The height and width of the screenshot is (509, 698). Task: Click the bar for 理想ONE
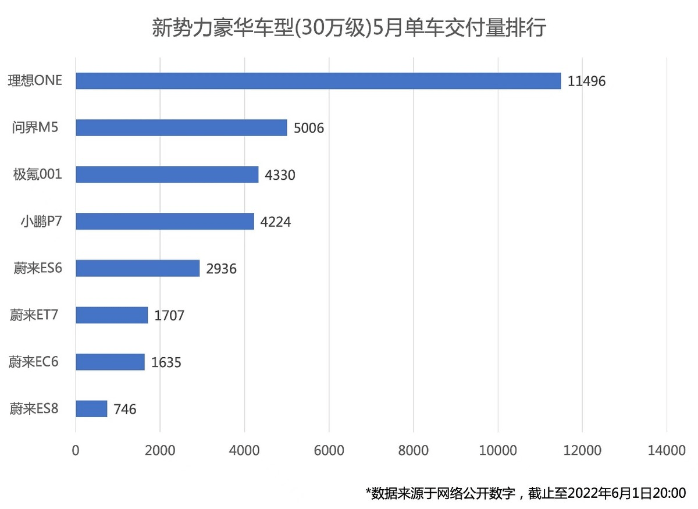tap(318, 81)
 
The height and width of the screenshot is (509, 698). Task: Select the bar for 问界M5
tap(181, 127)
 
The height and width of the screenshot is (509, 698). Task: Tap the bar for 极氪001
tap(167, 175)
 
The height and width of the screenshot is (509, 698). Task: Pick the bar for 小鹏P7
tap(165, 221)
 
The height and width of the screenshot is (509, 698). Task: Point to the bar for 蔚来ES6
tap(138, 268)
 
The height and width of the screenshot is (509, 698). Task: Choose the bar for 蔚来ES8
tap(91, 409)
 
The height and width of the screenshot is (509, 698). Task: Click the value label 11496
tap(587, 81)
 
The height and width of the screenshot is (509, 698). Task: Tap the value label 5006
tap(309, 128)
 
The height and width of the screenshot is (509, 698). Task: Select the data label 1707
tap(169, 316)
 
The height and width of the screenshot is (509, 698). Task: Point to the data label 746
tap(125, 410)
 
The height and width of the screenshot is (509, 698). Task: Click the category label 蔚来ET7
tap(34, 315)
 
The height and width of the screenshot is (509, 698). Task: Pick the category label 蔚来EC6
tap(34, 362)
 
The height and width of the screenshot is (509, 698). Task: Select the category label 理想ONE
tap(34, 81)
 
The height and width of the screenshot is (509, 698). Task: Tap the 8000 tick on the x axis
tap(414, 450)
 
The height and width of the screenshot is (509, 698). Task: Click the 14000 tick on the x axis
tap(667, 450)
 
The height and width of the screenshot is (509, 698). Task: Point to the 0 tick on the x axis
tap(76, 450)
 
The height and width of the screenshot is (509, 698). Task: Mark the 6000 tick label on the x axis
tap(329, 450)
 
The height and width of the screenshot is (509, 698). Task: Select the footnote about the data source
tap(526, 493)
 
